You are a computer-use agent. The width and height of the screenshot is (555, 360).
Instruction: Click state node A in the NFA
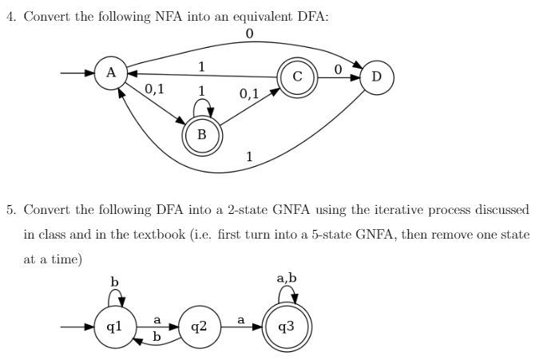111,73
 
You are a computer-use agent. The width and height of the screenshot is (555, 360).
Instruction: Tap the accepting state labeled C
296,77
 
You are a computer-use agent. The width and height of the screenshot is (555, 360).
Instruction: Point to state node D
376,77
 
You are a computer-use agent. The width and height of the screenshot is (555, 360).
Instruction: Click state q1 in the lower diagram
114,326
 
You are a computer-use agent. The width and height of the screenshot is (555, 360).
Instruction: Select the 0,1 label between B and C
248,94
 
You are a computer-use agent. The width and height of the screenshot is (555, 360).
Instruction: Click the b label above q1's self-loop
114,281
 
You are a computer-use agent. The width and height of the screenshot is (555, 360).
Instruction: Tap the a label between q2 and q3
241,319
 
